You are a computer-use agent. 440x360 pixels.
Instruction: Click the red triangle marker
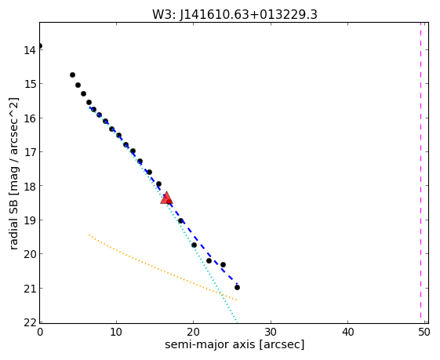click(x=166, y=198)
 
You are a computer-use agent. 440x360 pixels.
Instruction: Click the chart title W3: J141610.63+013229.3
click(x=235, y=14)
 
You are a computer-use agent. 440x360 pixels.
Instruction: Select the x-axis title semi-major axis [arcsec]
click(x=235, y=344)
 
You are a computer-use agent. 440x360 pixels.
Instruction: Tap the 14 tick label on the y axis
click(x=30, y=50)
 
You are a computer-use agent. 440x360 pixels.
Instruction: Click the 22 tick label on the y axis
click(x=30, y=322)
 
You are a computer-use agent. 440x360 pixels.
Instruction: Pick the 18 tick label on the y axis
click(x=30, y=186)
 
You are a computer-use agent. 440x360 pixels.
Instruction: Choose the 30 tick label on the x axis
click(x=271, y=333)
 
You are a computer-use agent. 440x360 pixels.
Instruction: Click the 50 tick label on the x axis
click(x=424, y=333)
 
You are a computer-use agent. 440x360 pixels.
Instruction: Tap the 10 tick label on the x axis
click(x=116, y=333)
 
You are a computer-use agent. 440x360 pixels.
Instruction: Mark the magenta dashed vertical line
click(x=420, y=170)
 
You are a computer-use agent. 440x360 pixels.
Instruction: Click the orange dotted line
click(x=163, y=267)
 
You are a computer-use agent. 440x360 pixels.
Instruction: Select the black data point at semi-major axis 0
click(x=39, y=45)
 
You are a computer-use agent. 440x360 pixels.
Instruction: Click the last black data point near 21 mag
click(x=237, y=287)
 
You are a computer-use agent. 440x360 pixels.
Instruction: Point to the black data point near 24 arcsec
click(x=223, y=264)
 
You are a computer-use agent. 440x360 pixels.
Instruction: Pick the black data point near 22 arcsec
click(x=209, y=260)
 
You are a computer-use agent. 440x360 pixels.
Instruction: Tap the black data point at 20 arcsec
click(x=194, y=245)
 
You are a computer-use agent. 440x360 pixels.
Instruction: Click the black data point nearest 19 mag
click(x=180, y=221)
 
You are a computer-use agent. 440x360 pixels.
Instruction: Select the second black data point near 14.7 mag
click(x=72, y=75)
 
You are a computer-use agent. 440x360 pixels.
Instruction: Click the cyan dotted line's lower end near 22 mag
click(x=237, y=322)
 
